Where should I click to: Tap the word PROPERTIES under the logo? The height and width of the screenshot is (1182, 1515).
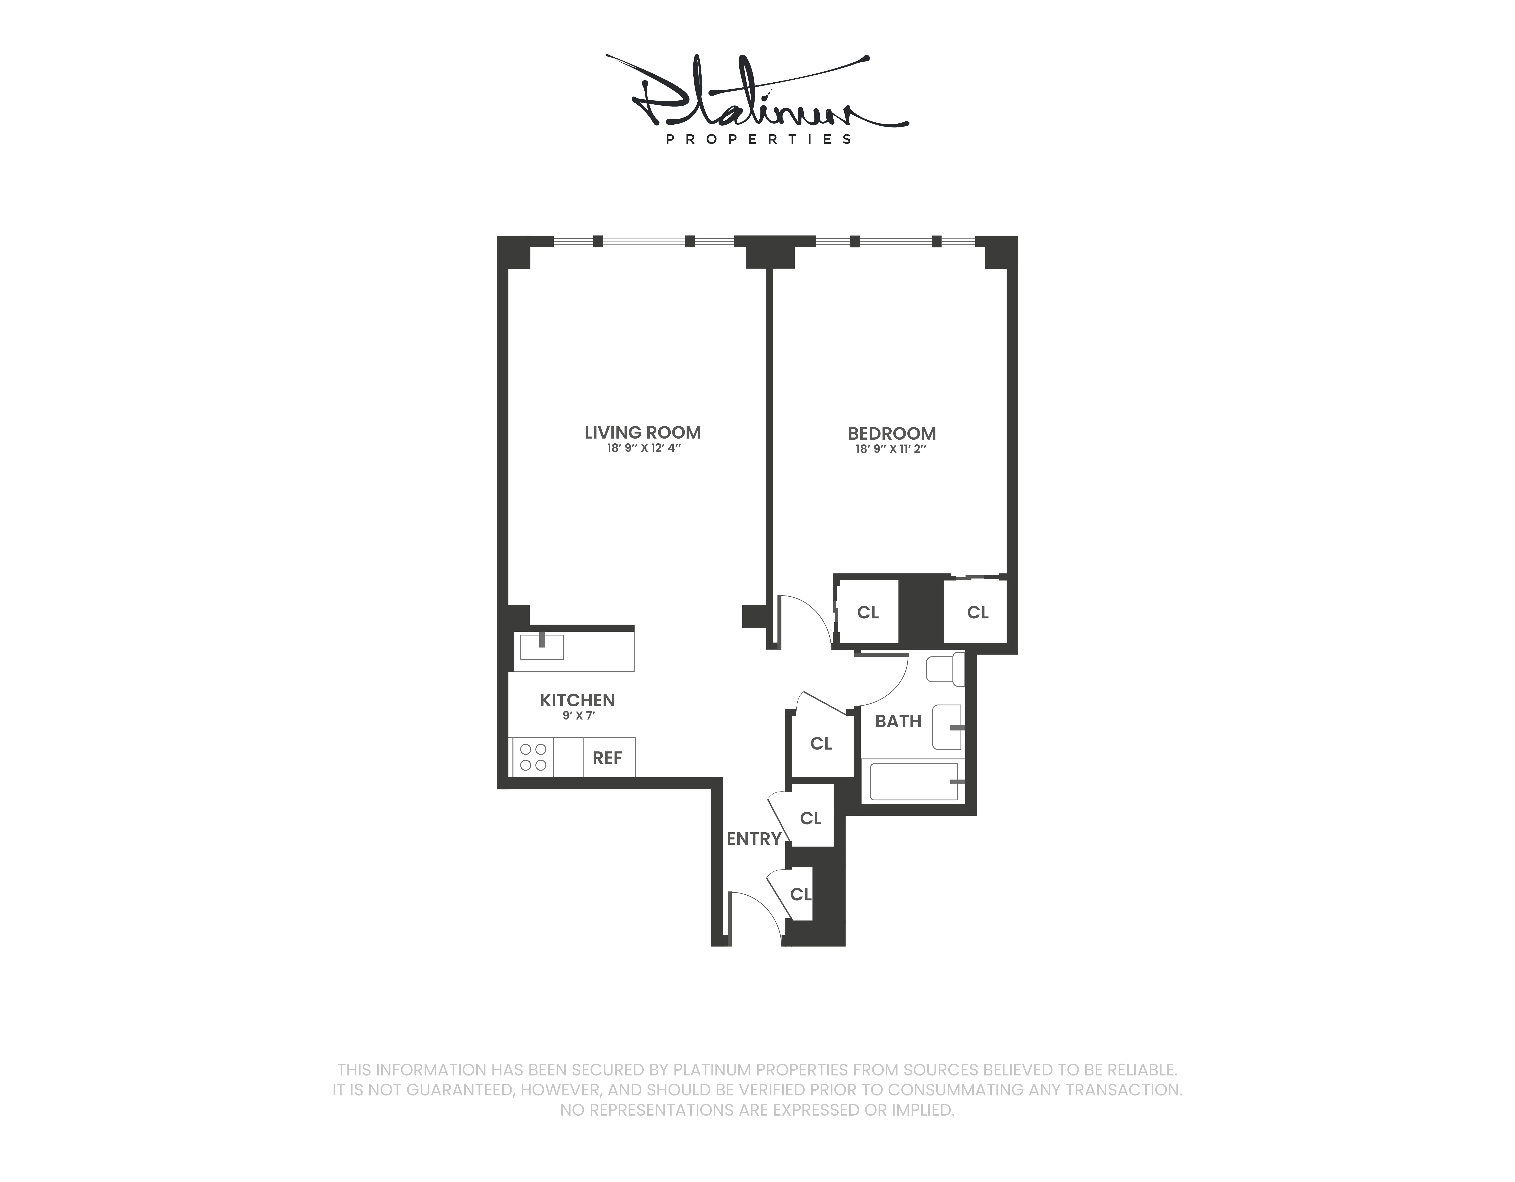point(758,140)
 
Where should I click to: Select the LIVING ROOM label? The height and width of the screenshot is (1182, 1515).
point(642,433)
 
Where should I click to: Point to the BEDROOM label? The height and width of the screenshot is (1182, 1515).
point(891,434)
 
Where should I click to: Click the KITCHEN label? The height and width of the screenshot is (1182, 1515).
point(577,700)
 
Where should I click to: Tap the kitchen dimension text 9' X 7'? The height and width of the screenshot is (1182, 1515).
point(579,716)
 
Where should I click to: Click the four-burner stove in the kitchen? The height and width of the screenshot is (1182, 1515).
point(533,757)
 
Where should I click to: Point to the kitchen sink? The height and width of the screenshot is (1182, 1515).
point(542,647)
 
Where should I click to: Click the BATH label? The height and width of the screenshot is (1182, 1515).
point(898,721)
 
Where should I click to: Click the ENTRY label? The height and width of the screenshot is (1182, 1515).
point(753,839)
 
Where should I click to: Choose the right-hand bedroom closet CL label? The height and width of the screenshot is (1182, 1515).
point(977,613)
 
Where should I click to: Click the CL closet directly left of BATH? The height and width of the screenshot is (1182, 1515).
point(821,744)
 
